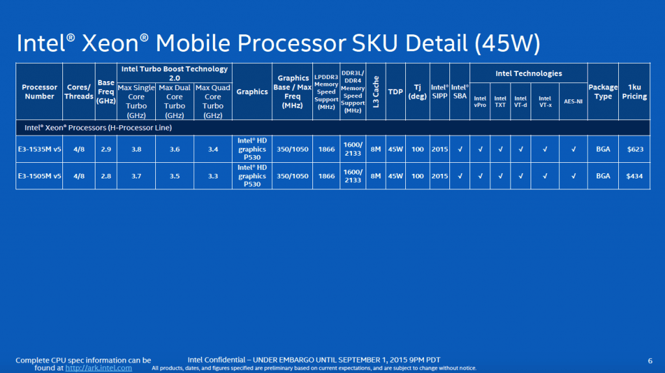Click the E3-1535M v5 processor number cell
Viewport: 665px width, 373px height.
(x=39, y=149)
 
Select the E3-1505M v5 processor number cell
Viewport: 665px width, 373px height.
(x=39, y=176)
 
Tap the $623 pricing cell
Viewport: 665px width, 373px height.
(x=634, y=149)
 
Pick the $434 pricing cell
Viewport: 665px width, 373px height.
(x=634, y=176)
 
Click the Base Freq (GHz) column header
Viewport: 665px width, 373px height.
(x=106, y=92)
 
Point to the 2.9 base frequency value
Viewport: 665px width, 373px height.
(x=106, y=149)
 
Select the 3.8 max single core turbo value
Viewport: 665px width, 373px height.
(x=136, y=149)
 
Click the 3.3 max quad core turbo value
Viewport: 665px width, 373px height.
(x=212, y=176)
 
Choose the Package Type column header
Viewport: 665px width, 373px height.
(x=603, y=91)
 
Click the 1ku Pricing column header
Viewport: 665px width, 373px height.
(x=634, y=91)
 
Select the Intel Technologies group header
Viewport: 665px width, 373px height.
(x=528, y=73)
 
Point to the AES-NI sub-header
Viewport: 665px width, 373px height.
(x=573, y=101)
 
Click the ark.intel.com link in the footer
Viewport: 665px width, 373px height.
(x=99, y=368)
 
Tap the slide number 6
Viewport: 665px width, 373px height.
(x=650, y=361)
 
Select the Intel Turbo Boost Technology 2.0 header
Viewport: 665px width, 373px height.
(x=174, y=72)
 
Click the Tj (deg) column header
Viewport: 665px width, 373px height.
(x=418, y=91)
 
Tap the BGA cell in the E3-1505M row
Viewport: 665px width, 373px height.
(x=603, y=176)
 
